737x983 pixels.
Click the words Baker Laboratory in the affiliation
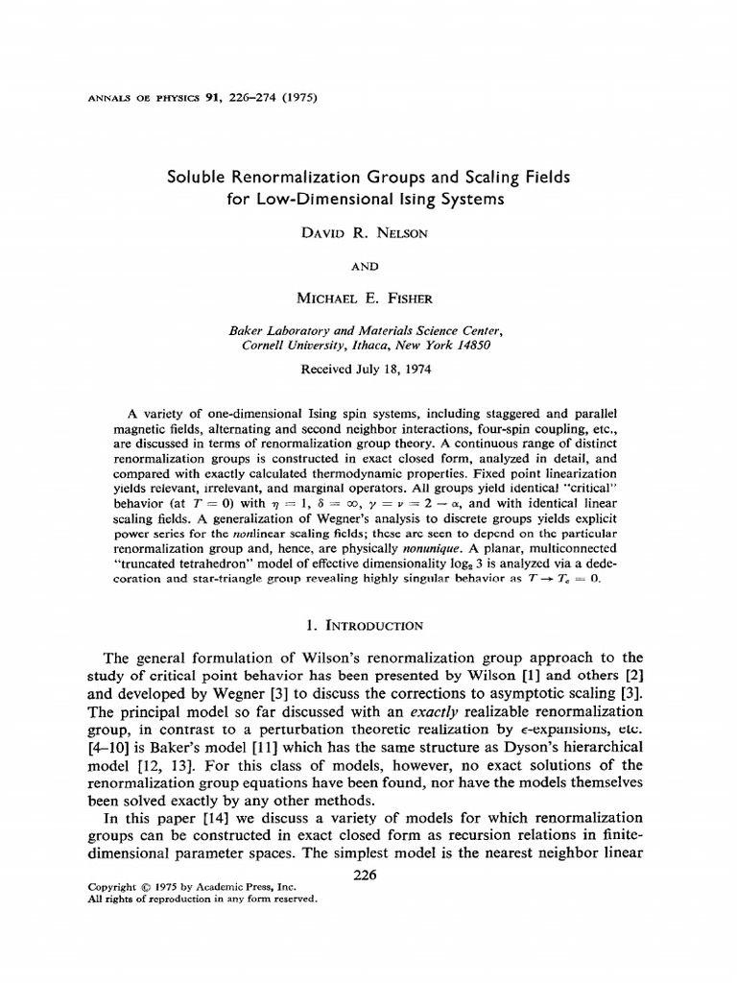(x=276, y=329)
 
